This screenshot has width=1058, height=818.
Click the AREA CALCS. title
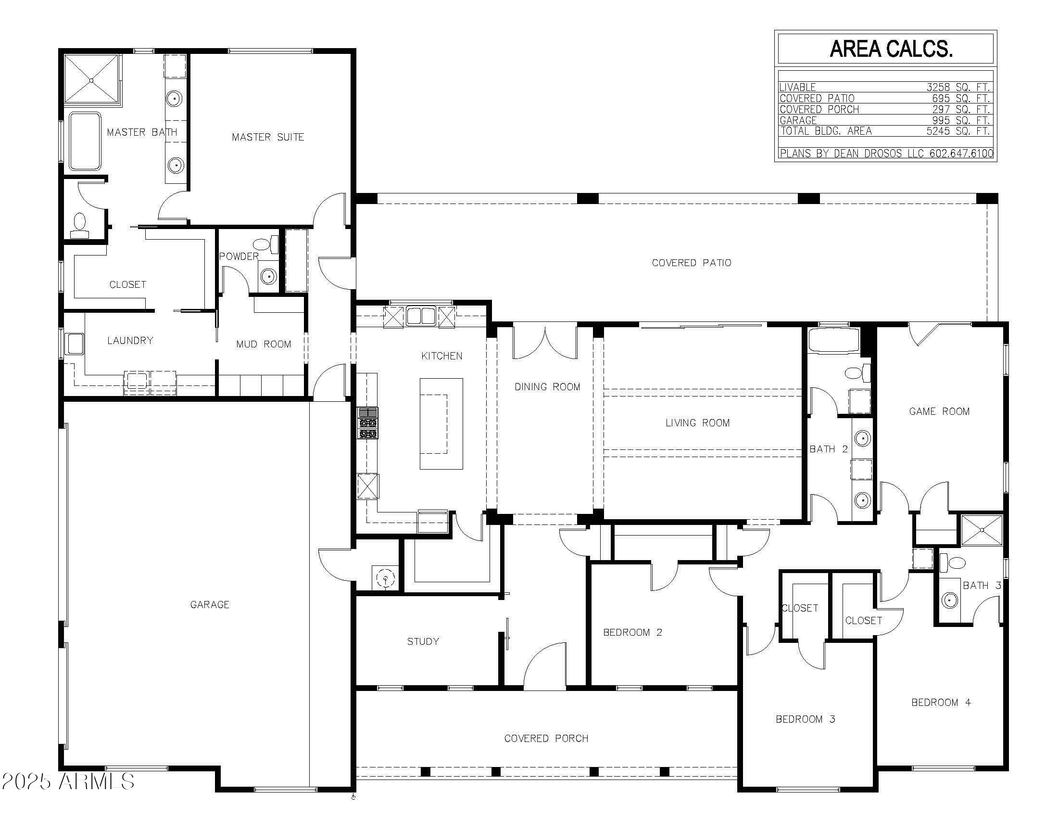pyautogui.click(x=891, y=49)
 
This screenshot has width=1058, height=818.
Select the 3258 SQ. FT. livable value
pyautogui.click(x=957, y=87)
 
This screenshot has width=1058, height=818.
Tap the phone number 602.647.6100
pyautogui.click(x=961, y=153)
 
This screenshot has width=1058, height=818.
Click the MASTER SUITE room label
pyautogui.click(x=268, y=137)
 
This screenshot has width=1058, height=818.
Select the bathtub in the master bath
pyautogui.click(x=85, y=141)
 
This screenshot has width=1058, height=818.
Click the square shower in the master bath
pyautogui.click(x=91, y=80)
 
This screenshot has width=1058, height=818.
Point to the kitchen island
pyautogui.click(x=441, y=423)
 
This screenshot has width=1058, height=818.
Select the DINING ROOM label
pyautogui.click(x=547, y=387)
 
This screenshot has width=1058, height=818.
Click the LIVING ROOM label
pyautogui.click(x=697, y=423)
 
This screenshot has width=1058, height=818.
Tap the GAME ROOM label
pyautogui.click(x=939, y=411)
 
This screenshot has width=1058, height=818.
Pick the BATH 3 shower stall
pyautogui.click(x=982, y=530)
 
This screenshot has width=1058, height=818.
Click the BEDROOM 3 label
pyautogui.click(x=805, y=719)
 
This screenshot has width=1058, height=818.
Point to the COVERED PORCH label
pyautogui.click(x=546, y=739)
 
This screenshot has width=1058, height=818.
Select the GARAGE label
pyautogui.click(x=209, y=604)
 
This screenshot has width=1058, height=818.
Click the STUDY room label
pyautogui.click(x=423, y=641)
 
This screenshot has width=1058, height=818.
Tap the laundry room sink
pyautogui.click(x=75, y=344)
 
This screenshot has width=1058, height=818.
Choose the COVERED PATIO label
pyautogui.click(x=691, y=263)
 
